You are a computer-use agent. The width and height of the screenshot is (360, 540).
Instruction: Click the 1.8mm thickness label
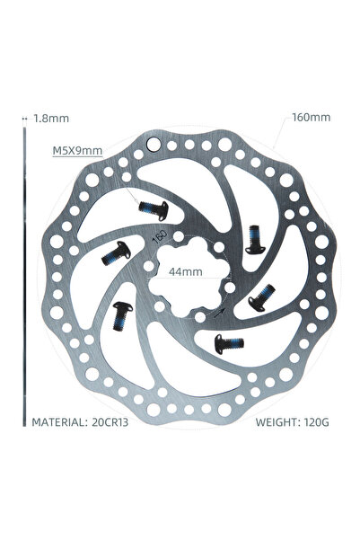click(x=51, y=119)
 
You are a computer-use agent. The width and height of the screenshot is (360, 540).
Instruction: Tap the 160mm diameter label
click(x=312, y=118)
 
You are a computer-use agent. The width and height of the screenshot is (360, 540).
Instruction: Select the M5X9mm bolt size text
click(x=77, y=150)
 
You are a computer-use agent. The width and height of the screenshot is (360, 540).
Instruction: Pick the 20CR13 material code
click(x=110, y=422)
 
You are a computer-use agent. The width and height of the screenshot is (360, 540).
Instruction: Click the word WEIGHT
click(x=277, y=422)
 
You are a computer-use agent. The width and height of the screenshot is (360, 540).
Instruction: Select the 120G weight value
click(x=317, y=422)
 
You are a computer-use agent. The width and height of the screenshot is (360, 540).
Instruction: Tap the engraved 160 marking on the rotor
click(x=160, y=236)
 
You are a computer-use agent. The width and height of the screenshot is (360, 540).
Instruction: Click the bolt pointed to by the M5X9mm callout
click(x=154, y=209)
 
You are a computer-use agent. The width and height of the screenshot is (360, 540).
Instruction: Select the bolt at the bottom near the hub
click(x=229, y=343)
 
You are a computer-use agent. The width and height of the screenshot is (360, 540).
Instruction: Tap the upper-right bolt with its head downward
click(x=255, y=239)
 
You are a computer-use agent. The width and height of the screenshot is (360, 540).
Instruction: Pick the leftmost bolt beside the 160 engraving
click(x=117, y=253)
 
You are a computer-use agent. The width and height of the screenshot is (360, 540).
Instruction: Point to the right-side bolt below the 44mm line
click(x=262, y=297)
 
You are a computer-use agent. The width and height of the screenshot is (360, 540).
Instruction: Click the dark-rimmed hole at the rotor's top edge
click(x=153, y=144)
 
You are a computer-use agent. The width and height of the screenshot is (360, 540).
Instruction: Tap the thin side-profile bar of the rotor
click(x=24, y=277)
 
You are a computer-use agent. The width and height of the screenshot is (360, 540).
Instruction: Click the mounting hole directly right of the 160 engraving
click(x=179, y=236)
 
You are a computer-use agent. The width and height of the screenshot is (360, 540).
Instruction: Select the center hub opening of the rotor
click(x=188, y=278)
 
